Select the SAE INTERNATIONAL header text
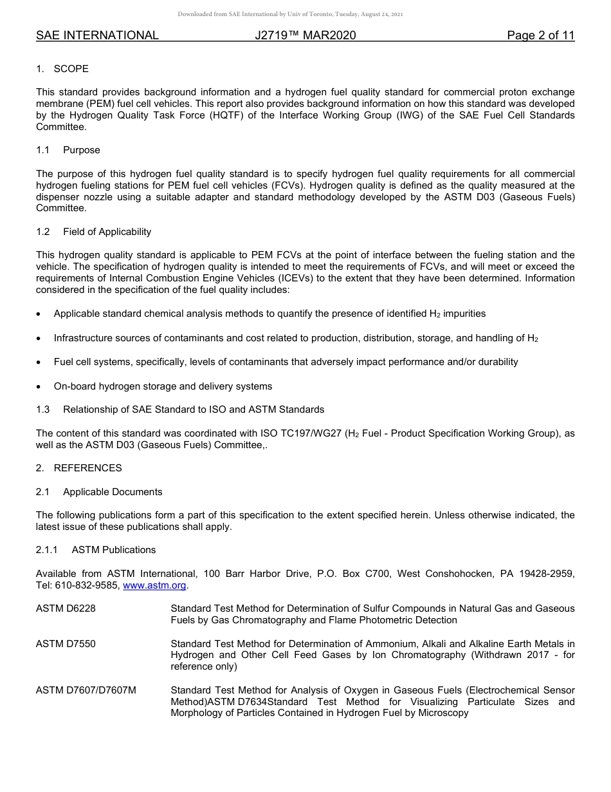point(97,35)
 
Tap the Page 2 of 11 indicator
point(540,35)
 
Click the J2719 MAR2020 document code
point(305,35)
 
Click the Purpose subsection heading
point(81,150)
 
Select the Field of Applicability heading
point(107,232)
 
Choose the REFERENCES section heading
point(87,468)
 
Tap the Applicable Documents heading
point(113,492)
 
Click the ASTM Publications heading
point(113,550)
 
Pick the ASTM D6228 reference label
point(66,608)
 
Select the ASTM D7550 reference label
point(66,644)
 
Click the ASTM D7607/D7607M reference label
point(86,691)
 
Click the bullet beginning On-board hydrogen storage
point(163,386)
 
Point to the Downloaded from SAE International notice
point(290,14)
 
